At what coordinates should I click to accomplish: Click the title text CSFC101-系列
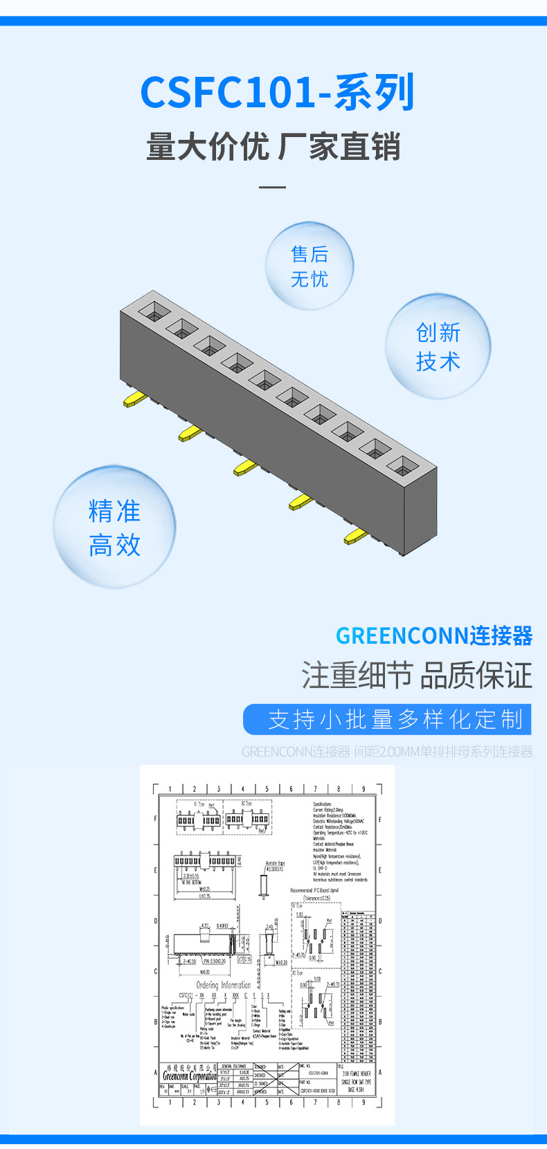(277, 92)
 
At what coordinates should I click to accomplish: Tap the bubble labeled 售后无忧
(310, 266)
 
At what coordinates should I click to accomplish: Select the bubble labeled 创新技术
(438, 347)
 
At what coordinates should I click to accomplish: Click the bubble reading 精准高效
(114, 527)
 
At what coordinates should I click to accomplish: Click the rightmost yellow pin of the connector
(355, 535)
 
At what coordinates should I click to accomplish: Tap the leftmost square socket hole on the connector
(154, 311)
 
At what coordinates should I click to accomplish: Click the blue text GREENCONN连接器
(433, 635)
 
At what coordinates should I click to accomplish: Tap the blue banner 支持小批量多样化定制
(387, 719)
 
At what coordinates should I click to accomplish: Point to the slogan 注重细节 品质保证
(416, 676)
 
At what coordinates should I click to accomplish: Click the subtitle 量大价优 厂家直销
(273, 147)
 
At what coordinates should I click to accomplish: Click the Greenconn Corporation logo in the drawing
(189, 1076)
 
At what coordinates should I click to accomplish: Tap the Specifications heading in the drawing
(322, 804)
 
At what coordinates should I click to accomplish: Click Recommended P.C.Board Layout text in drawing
(315, 890)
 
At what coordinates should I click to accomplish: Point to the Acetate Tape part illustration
(263, 885)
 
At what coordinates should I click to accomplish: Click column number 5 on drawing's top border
(267, 788)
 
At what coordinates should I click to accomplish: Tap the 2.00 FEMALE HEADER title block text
(356, 1074)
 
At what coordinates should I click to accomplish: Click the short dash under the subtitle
(272, 187)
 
